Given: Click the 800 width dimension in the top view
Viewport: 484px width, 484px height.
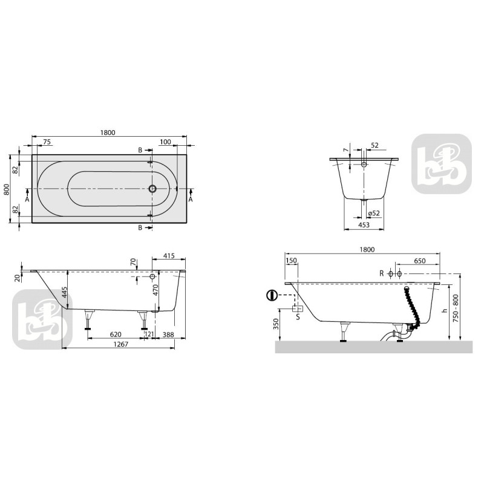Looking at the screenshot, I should pos(7,189).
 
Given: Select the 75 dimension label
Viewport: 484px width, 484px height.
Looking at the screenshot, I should pos(47,142).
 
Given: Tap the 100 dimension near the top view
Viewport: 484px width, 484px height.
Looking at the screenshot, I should pos(166,142).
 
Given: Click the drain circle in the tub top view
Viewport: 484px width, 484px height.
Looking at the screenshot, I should pos(152,189).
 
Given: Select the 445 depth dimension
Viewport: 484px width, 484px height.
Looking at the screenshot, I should pos(64,293).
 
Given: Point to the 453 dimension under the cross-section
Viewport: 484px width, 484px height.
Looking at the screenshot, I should pos(364,225).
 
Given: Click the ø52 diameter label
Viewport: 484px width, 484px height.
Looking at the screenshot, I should pos(373,212).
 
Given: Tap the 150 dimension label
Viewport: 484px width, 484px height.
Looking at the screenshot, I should pos(292,261).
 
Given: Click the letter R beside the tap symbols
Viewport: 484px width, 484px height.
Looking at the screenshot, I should pos(381,273).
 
